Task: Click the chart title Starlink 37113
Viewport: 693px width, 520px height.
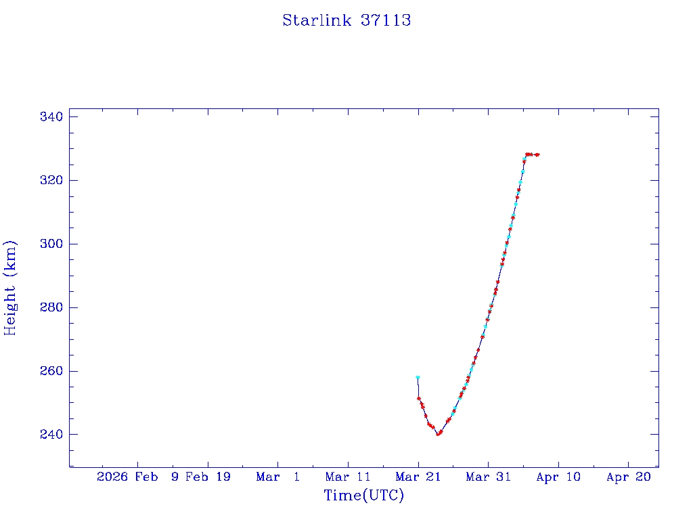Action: (346, 20)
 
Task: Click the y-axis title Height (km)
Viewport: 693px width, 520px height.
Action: (10, 287)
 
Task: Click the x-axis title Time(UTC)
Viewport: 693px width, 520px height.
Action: (363, 496)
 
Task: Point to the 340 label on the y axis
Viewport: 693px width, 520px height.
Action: (51, 117)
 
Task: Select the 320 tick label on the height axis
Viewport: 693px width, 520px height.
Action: (51, 181)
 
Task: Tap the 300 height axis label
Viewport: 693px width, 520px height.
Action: (51, 244)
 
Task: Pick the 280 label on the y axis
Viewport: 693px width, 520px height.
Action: (51, 307)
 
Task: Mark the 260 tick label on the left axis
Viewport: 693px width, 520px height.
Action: (51, 371)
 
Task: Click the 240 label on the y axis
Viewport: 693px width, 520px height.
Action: (51, 434)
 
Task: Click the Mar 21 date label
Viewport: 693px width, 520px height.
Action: (418, 477)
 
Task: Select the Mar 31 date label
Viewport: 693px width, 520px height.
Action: (488, 477)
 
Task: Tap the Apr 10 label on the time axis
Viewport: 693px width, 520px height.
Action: (558, 477)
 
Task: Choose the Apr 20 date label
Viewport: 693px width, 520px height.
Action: (628, 477)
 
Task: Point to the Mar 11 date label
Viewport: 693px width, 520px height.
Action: (348, 477)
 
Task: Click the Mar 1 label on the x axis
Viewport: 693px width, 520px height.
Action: (278, 477)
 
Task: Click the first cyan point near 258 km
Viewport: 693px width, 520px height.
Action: (418, 377)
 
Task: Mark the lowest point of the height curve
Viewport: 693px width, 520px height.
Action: (438, 434)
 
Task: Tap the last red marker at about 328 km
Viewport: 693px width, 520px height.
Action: (537, 154)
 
